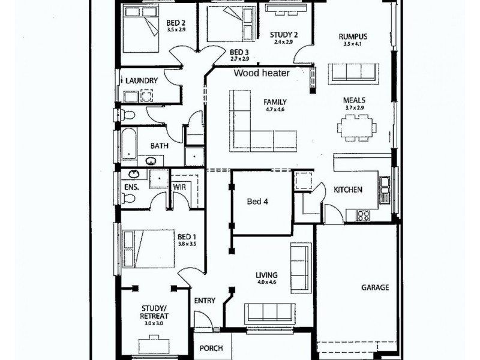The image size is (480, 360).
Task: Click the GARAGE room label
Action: (x=374, y=287)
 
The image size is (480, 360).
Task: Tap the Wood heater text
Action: (x=262, y=73)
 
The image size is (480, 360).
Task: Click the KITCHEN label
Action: (x=348, y=190)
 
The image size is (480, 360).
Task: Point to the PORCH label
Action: (x=211, y=348)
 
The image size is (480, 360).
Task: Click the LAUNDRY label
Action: (x=142, y=80)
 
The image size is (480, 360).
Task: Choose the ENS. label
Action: (x=131, y=187)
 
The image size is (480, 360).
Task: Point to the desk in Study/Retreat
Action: (x=154, y=345)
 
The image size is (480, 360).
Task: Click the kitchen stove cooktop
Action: (x=364, y=214)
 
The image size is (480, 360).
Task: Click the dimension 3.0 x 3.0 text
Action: (x=154, y=323)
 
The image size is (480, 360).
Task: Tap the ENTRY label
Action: (x=205, y=301)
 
